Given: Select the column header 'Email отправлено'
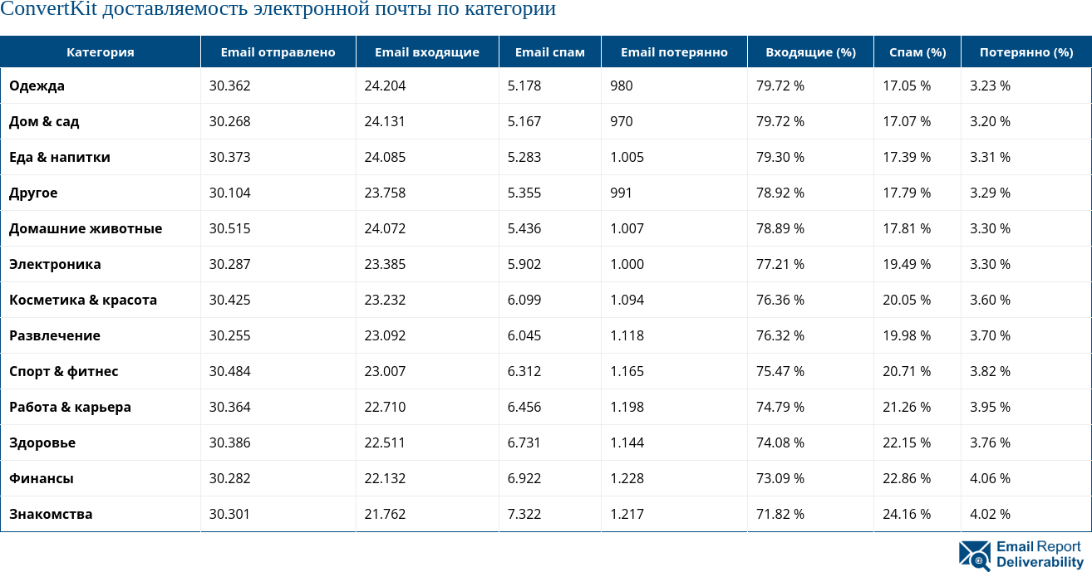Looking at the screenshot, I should tap(278, 52).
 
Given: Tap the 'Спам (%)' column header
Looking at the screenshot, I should tap(917, 52).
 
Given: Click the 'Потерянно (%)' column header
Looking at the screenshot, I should tap(1026, 52).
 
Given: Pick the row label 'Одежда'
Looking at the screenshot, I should tap(37, 86).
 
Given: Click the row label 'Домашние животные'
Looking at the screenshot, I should tap(86, 228).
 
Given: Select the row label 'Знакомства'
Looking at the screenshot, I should tap(51, 514).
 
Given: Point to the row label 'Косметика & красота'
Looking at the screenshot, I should tap(83, 300).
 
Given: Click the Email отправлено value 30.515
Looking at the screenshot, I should tap(229, 228).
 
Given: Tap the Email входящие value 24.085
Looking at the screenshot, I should tap(385, 157).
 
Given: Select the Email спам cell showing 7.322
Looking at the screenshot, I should tap(524, 514).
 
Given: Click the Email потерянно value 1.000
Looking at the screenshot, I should tap(627, 264).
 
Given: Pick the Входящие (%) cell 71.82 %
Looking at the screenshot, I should tap(780, 514).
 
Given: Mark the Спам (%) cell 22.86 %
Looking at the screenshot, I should tap(906, 478).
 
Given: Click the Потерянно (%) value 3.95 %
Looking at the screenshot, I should tap(990, 407).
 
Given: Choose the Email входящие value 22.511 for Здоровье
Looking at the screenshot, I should tap(385, 442).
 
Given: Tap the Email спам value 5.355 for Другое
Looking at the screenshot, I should tap(524, 193).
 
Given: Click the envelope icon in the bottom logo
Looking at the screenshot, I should tap(974, 555).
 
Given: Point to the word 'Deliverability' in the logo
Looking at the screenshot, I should tap(1040, 563).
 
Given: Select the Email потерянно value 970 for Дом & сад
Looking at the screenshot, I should tap(621, 121).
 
